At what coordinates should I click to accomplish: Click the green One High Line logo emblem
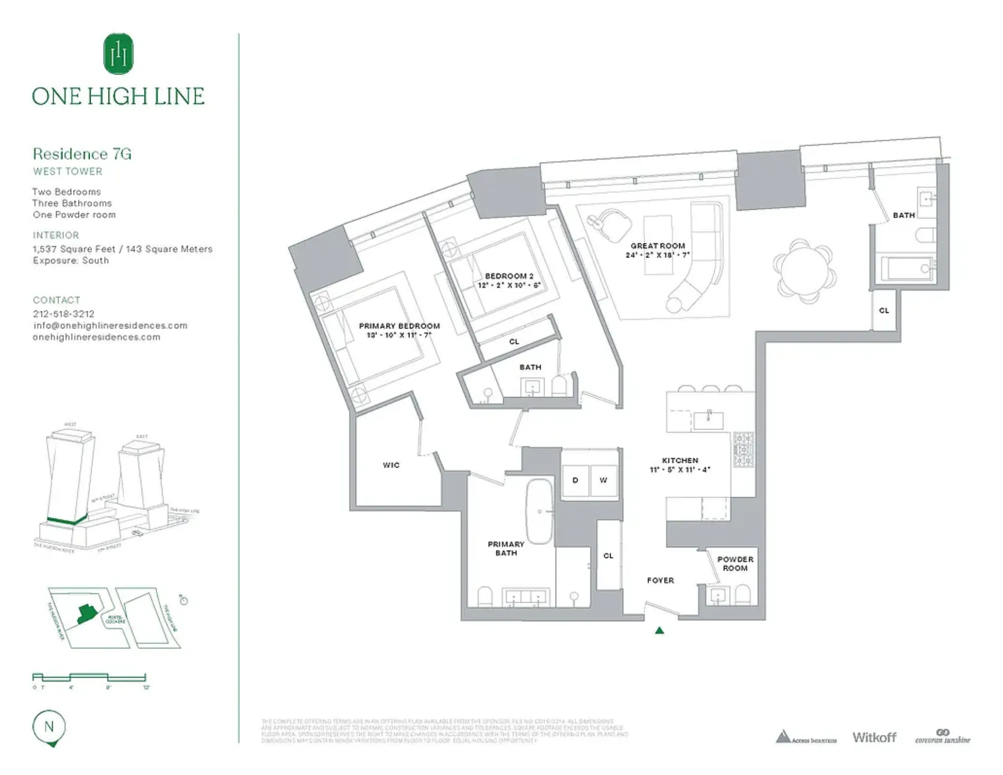[x=118, y=54]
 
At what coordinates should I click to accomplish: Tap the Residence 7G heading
[x=82, y=154]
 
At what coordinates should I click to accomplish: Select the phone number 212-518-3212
[x=64, y=314]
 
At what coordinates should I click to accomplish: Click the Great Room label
[x=658, y=246]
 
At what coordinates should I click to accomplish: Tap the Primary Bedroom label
[x=399, y=326]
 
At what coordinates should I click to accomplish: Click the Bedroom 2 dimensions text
[x=509, y=285]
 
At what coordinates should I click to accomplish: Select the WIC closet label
[x=391, y=465]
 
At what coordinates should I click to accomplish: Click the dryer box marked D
[x=575, y=480]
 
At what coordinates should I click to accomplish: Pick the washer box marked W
[x=603, y=480]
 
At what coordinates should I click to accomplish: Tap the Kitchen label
[x=680, y=460]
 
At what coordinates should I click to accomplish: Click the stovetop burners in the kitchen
[x=743, y=450]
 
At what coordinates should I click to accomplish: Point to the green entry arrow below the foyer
[x=659, y=631]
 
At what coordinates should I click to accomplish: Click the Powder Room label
[x=735, y=564]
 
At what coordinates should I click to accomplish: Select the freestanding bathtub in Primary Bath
[x=539, y=512]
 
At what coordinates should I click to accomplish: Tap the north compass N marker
[x=49, y=727]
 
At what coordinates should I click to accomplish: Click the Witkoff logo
[x=874, y=737]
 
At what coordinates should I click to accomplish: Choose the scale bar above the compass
[x=89, y=677]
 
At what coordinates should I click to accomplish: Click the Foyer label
[x=660, y=580]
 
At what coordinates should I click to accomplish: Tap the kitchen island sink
[x=708, y=420]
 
